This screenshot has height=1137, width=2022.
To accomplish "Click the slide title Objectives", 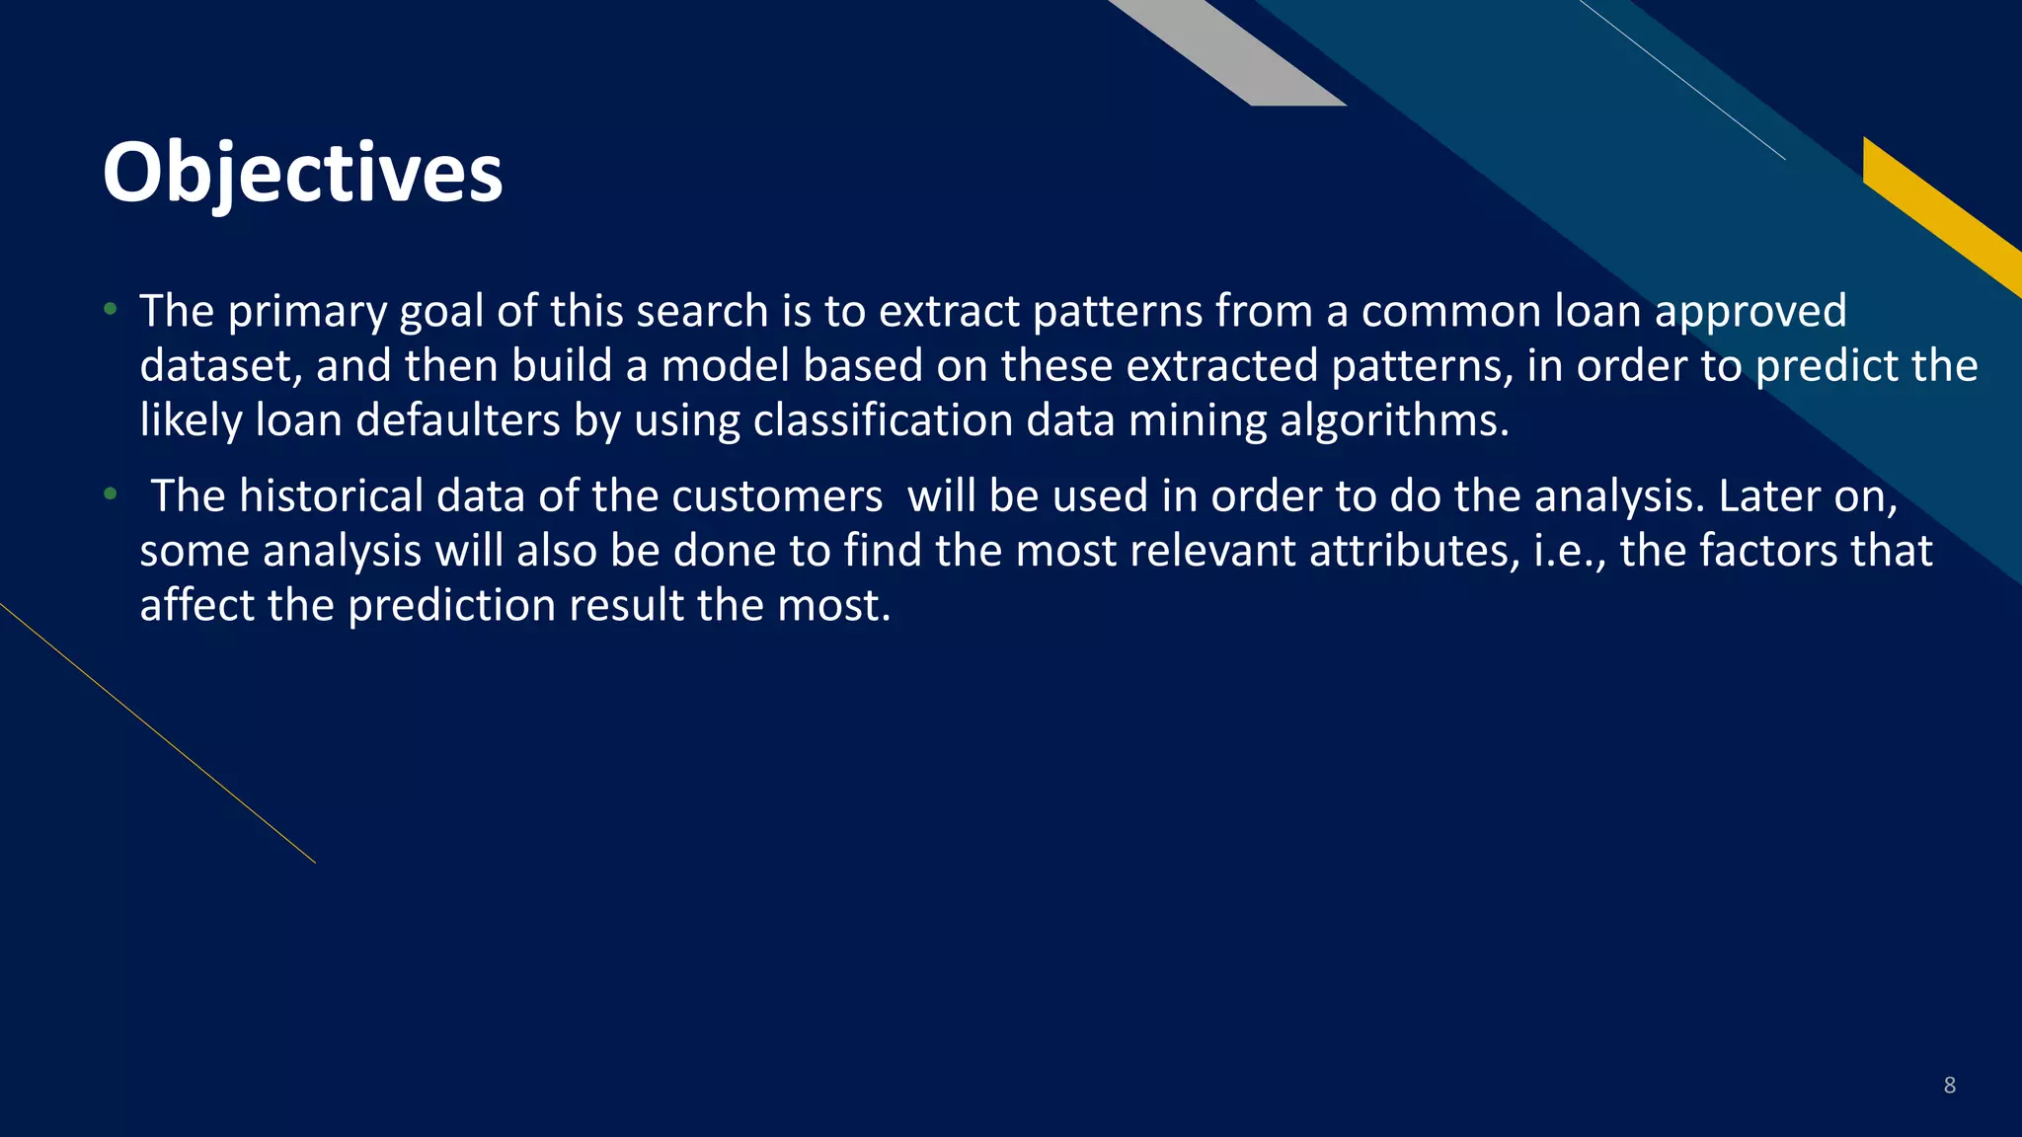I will click(302, 174).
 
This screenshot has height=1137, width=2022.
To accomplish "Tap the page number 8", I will click(1949, 1085).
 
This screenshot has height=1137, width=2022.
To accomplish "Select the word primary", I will click(306, 312).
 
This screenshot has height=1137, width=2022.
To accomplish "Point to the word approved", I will click(1750, 312).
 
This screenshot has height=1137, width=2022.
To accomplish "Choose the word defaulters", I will click(457, 421).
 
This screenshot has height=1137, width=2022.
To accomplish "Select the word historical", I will click(331, 496).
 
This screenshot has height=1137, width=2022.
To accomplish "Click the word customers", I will click(777, 496).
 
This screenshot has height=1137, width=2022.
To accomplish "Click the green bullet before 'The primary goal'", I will click(111, 310).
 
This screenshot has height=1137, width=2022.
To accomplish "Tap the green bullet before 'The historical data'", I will click(111, 493).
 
